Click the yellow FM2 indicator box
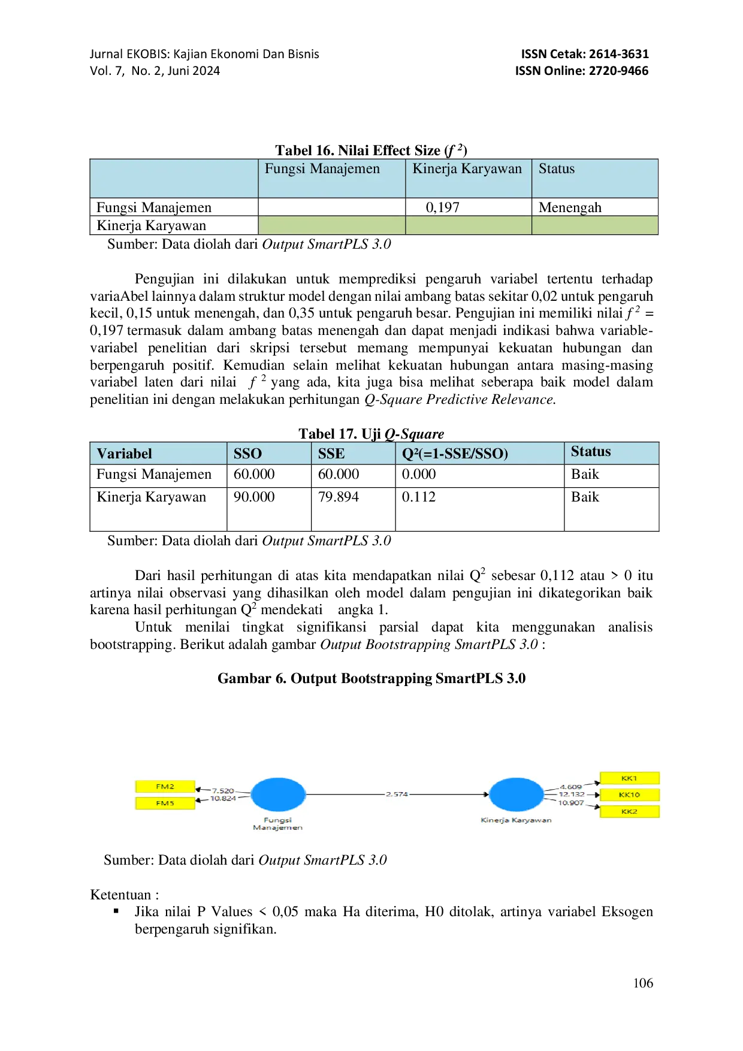(x=165, y=786)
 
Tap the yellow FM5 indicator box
(x=165, y=803)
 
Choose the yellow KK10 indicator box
(x=629, y=795)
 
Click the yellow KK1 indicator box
(x=629, y=778)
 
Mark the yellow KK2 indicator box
(x=629, y=811)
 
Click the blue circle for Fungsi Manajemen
(x=278, y=795)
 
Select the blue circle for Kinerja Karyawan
(x=517, y=795)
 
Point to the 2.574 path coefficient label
(x=397, y=795)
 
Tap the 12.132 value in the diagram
(x=572, y=794)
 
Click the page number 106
(x=643, y=983)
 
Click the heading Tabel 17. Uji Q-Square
(x=371, y=434)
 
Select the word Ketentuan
(x=120, y=895)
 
